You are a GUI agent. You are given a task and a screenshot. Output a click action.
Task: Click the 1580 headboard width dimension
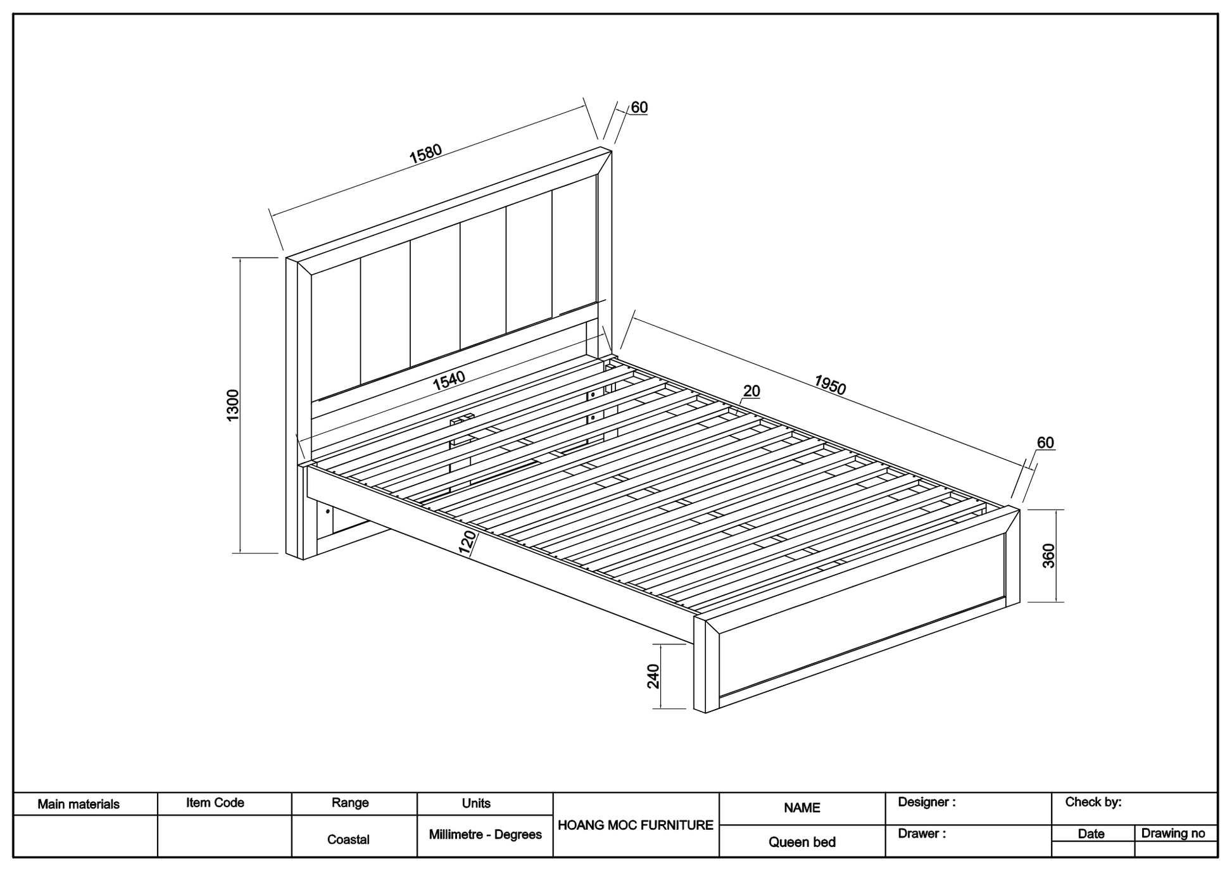click(425, 154)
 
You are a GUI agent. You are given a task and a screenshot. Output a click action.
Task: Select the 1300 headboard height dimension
click(233, 405)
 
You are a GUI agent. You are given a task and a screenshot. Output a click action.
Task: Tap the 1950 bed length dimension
click(829, 385)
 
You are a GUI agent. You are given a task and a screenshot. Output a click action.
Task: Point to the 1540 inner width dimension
click(449, 380)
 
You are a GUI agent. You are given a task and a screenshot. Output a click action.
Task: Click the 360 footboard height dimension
click(1048, 556)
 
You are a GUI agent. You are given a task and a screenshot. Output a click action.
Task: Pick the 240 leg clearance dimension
click(653, 676)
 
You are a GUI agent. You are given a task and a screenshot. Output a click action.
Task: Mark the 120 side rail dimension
click(467, 543)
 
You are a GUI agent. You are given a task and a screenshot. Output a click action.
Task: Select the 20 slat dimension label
click(751, 391)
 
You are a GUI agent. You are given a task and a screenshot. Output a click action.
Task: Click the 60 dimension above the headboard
click(639, 108)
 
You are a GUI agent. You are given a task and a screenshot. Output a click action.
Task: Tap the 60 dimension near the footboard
click(1045, 443)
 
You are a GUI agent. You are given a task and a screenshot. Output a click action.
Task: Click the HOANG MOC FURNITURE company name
click(636, 825)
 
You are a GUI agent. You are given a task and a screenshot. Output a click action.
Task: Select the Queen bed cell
click(802, 842)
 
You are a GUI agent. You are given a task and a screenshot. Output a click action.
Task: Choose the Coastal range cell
click(348, 839)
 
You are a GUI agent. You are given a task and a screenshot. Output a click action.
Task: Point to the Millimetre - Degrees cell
click(485, 834)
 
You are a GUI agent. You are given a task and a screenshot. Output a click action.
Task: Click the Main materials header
click(79, 805)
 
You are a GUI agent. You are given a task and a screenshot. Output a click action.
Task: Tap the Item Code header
click(215, 803)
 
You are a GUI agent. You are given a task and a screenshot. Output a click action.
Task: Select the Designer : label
click(927, 802)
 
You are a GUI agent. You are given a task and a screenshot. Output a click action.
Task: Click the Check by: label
click(1093, 802)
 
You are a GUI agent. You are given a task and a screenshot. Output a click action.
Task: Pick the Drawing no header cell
click(1173, 833)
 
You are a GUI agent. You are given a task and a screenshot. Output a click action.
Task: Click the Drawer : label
click(922, 834)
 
